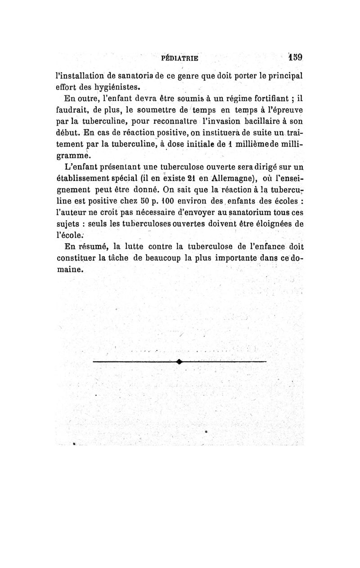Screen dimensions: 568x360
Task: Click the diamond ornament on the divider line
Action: pos(179,361)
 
